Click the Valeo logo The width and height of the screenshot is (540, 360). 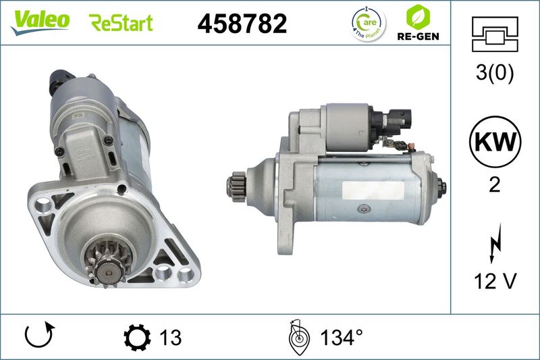[x=40, y=22]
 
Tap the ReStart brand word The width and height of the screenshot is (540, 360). [x=121, y=23]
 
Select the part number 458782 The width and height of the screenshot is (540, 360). [x=242, y=24]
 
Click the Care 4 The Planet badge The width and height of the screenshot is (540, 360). [x=369, y=24]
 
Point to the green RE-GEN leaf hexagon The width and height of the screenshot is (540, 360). [x=418, y=17]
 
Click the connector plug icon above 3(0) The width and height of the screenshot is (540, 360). [x=495, y=34]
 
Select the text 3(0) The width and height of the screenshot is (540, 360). [x=495, y=72]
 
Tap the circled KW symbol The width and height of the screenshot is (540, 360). [x=495, y=142]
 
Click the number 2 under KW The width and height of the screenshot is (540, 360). [x=495, y=185]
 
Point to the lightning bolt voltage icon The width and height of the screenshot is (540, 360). [x=495, y=244]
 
